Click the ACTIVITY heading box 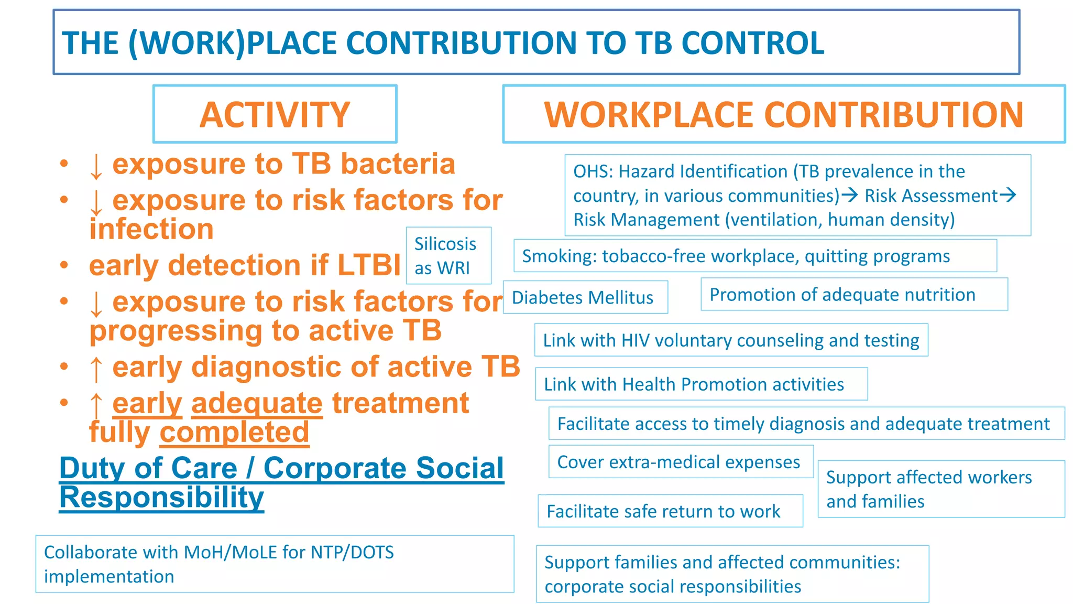[x=275, y=114]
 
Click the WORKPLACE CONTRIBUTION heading [x=783, y=114]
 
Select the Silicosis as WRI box [x=448, y=256]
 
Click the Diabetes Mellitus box [x=585, y=297]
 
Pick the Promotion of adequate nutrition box [x=853, y=295]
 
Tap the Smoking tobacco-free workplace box [x=754, y=256]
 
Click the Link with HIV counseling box [x=731, y=340]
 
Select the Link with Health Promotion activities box [x=700, y=384]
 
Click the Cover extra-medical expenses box [x=680, y=462]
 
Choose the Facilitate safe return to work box [x=670, y=511]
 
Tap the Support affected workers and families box [x=940, y=489]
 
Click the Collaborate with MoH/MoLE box [x=274, y=564]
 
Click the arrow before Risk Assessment [x=850, y=195]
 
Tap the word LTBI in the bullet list [x=369, y=265]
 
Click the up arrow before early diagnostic [x=96, y=368]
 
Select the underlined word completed [x=234, y=433]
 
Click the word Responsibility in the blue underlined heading [x=161, y=497]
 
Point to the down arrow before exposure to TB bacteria [x=96, y=166]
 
